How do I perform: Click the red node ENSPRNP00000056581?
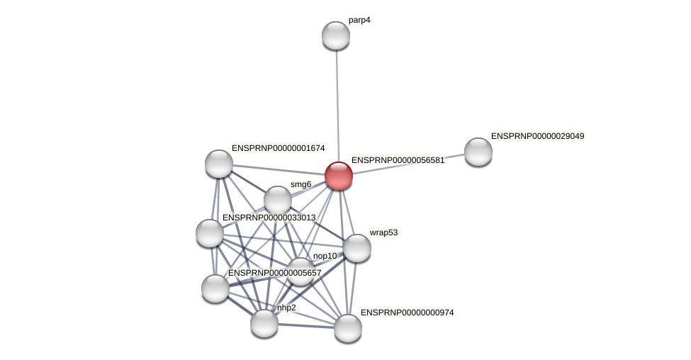[x=339, y=176]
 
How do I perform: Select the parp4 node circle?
[x=336, y=35]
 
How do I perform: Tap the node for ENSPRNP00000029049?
[x=478, y=152]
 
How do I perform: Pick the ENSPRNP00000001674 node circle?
[x=219, y=164]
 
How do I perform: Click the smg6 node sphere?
[x=278, y=200]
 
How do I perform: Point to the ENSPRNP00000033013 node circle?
[x=210, y=233]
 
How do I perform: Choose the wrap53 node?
[x=357, y=248]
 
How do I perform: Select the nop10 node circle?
[x=300, y=271]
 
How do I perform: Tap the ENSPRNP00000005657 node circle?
[x=215, y=288]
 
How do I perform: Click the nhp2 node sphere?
[x=264, y=323]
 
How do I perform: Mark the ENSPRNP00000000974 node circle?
[x=348, y=328]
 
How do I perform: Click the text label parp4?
[x=359, y=20]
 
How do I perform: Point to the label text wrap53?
[x=383, y=232]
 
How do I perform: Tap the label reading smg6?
[x=300, y=184]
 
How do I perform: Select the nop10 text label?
[x=325, y=256]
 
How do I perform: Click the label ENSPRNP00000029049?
[x=537, y=135]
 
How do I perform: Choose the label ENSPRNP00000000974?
[x=407, y=312]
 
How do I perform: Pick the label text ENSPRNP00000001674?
[x=278, y=148]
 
